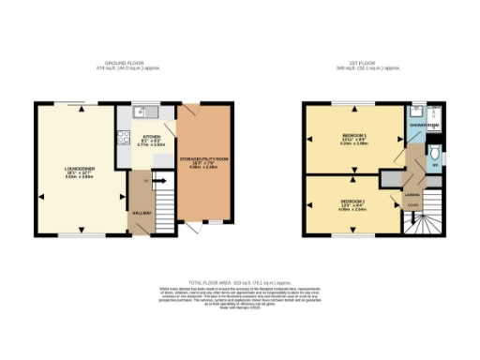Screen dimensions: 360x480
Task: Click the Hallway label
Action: pyautogui.click(x=141, y=214)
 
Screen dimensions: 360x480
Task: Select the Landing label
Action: pyautogui.click(x=411, y=194)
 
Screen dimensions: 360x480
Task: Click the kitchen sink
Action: pyautogui.click(x=140, y=112)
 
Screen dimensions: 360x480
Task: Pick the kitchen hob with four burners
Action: pyautogui.click(x=121, y=139)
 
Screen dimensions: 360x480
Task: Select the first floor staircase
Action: pyautogui.click(x=427, y=225)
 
